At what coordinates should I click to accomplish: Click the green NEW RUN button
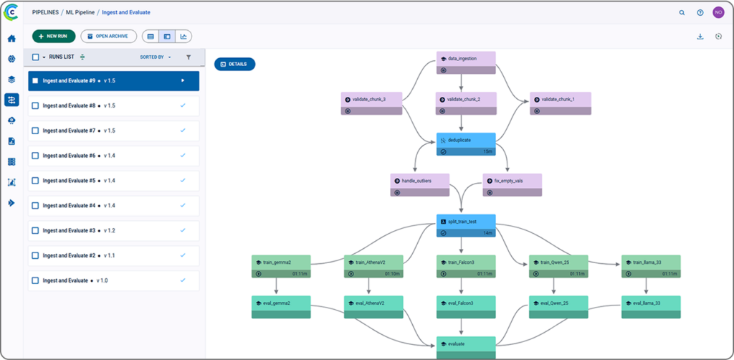tap(54, 36)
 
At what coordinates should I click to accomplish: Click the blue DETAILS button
tap(234, 64)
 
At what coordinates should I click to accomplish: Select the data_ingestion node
tap(467, 60)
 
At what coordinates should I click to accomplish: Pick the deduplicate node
tap(466, 140)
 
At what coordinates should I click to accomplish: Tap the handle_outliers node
tap(420, 181)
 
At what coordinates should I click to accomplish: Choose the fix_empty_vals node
tap(513, 181)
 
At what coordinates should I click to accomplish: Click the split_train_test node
tap(466, 222)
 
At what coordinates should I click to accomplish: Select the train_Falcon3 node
tap(466, 262)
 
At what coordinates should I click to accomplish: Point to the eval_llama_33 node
tap(651, 303)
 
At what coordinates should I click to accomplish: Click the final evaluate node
tap(466, 344)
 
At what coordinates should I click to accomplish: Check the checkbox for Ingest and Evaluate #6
tap(35, 156)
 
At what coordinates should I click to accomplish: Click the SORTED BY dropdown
tap(155, 57)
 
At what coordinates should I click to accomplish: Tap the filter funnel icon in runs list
tap(189, 57)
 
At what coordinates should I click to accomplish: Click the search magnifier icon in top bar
tap(682, 12)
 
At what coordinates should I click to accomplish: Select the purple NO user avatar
tap(718, 12)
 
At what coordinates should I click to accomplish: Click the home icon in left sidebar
tap(11, 39)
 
